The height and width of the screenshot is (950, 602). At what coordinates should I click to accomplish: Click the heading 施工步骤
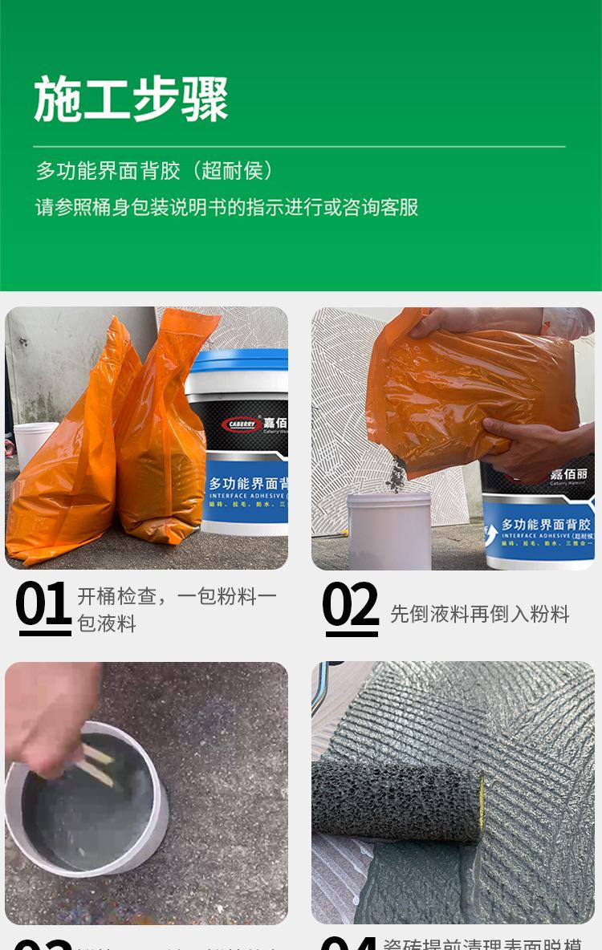131,99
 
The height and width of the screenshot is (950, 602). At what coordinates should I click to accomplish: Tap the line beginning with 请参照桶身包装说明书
226,207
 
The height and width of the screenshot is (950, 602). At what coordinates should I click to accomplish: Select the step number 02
350,605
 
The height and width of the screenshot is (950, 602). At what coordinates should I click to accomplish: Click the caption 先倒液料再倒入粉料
479,614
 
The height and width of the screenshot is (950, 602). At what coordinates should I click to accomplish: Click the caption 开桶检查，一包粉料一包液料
176,609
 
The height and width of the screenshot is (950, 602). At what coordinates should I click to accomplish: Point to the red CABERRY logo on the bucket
242,424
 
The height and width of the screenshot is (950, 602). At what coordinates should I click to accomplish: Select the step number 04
350,942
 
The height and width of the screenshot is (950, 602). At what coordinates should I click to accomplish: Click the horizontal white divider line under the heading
299,147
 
